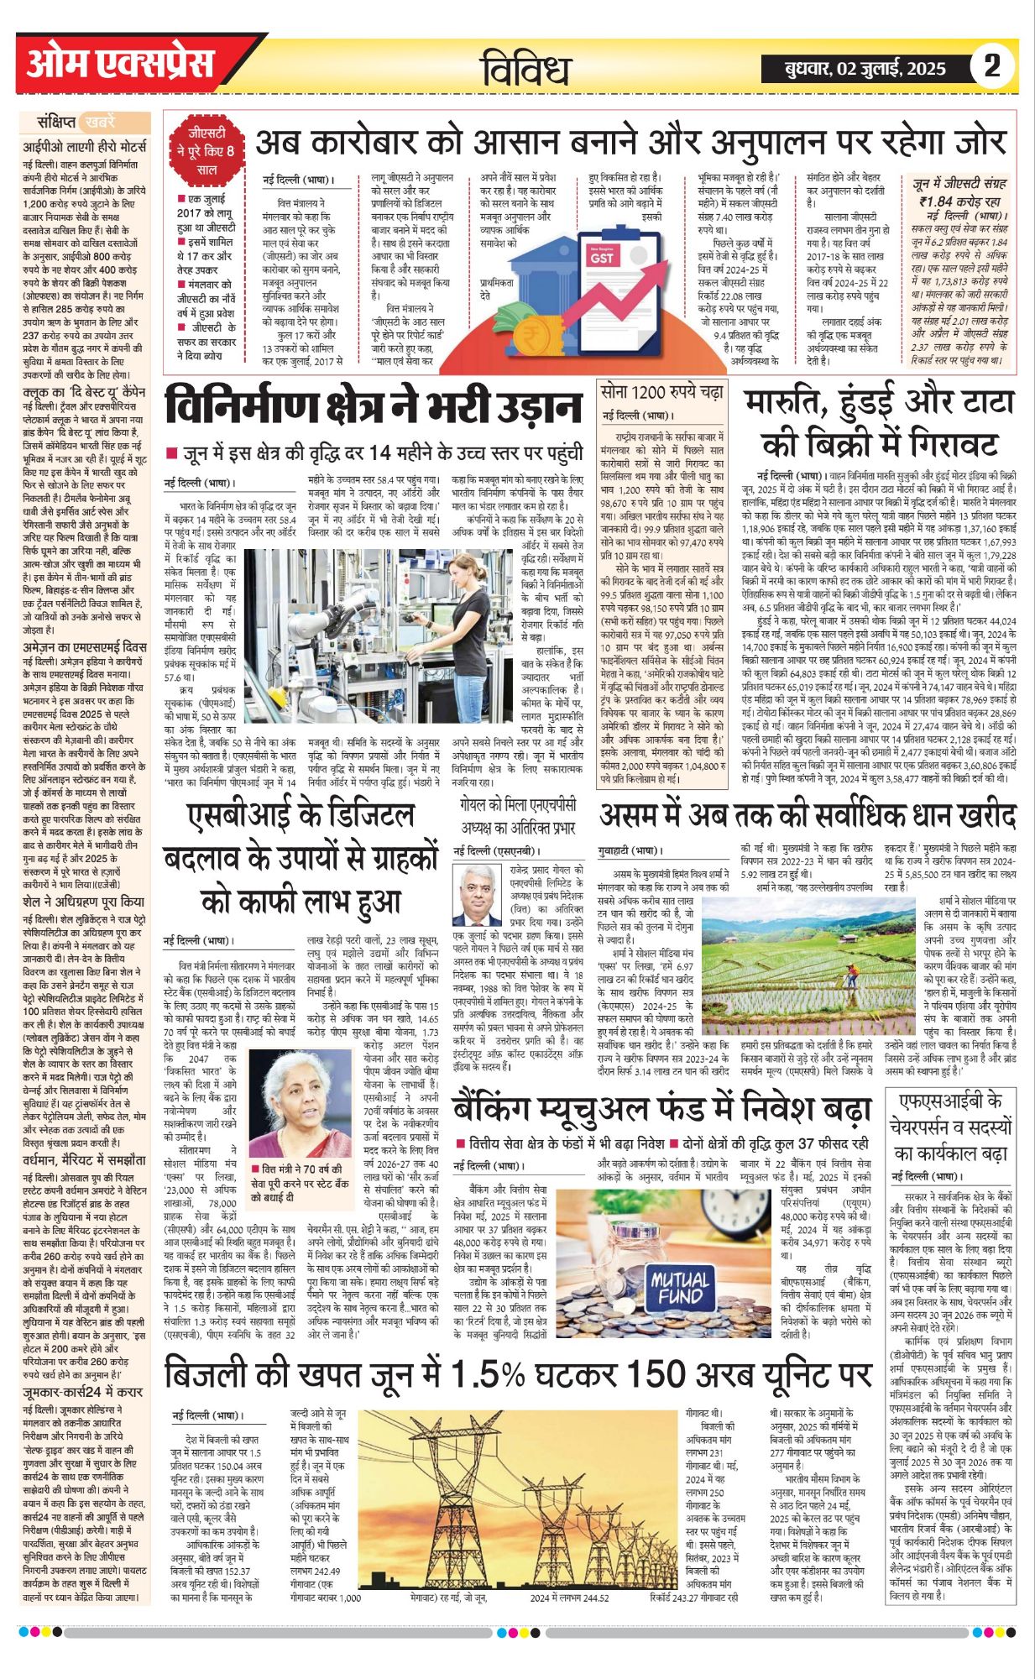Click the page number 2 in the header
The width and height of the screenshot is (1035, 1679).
(992, 65)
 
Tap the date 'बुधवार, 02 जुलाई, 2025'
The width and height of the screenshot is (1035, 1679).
(864, 69)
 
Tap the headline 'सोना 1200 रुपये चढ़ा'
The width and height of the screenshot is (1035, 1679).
(662, 392)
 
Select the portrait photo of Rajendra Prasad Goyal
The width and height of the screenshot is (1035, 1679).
(476, 895)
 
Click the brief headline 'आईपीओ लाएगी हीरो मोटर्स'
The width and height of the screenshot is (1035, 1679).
(84, 145)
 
